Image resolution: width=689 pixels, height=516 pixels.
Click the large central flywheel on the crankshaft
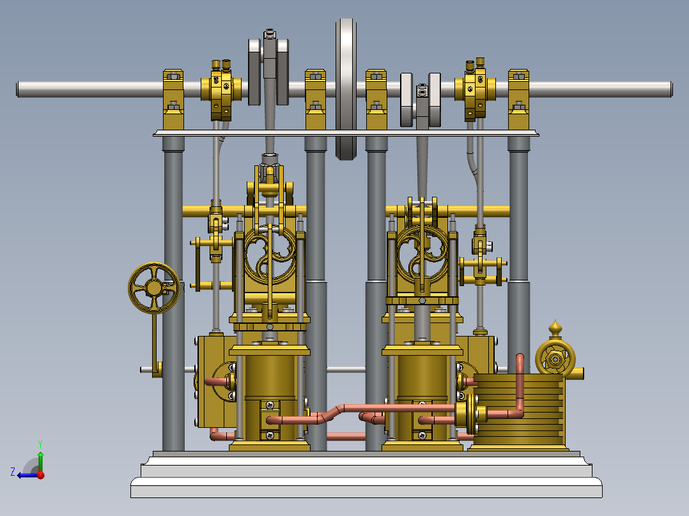tap(346, 89)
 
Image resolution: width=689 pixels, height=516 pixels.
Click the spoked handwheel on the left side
tap(154, 288)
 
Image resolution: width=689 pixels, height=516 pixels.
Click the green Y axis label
tap(40, 443)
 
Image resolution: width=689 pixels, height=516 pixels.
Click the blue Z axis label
tap(13, 472)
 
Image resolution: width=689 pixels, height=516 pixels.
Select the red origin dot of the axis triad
tap(40, 474)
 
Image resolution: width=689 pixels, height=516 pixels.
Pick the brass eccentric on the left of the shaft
tap(221, 91)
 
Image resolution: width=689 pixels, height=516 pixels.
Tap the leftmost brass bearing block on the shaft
tap(173, 99)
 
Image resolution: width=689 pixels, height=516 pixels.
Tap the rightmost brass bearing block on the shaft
tap(518, 99)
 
